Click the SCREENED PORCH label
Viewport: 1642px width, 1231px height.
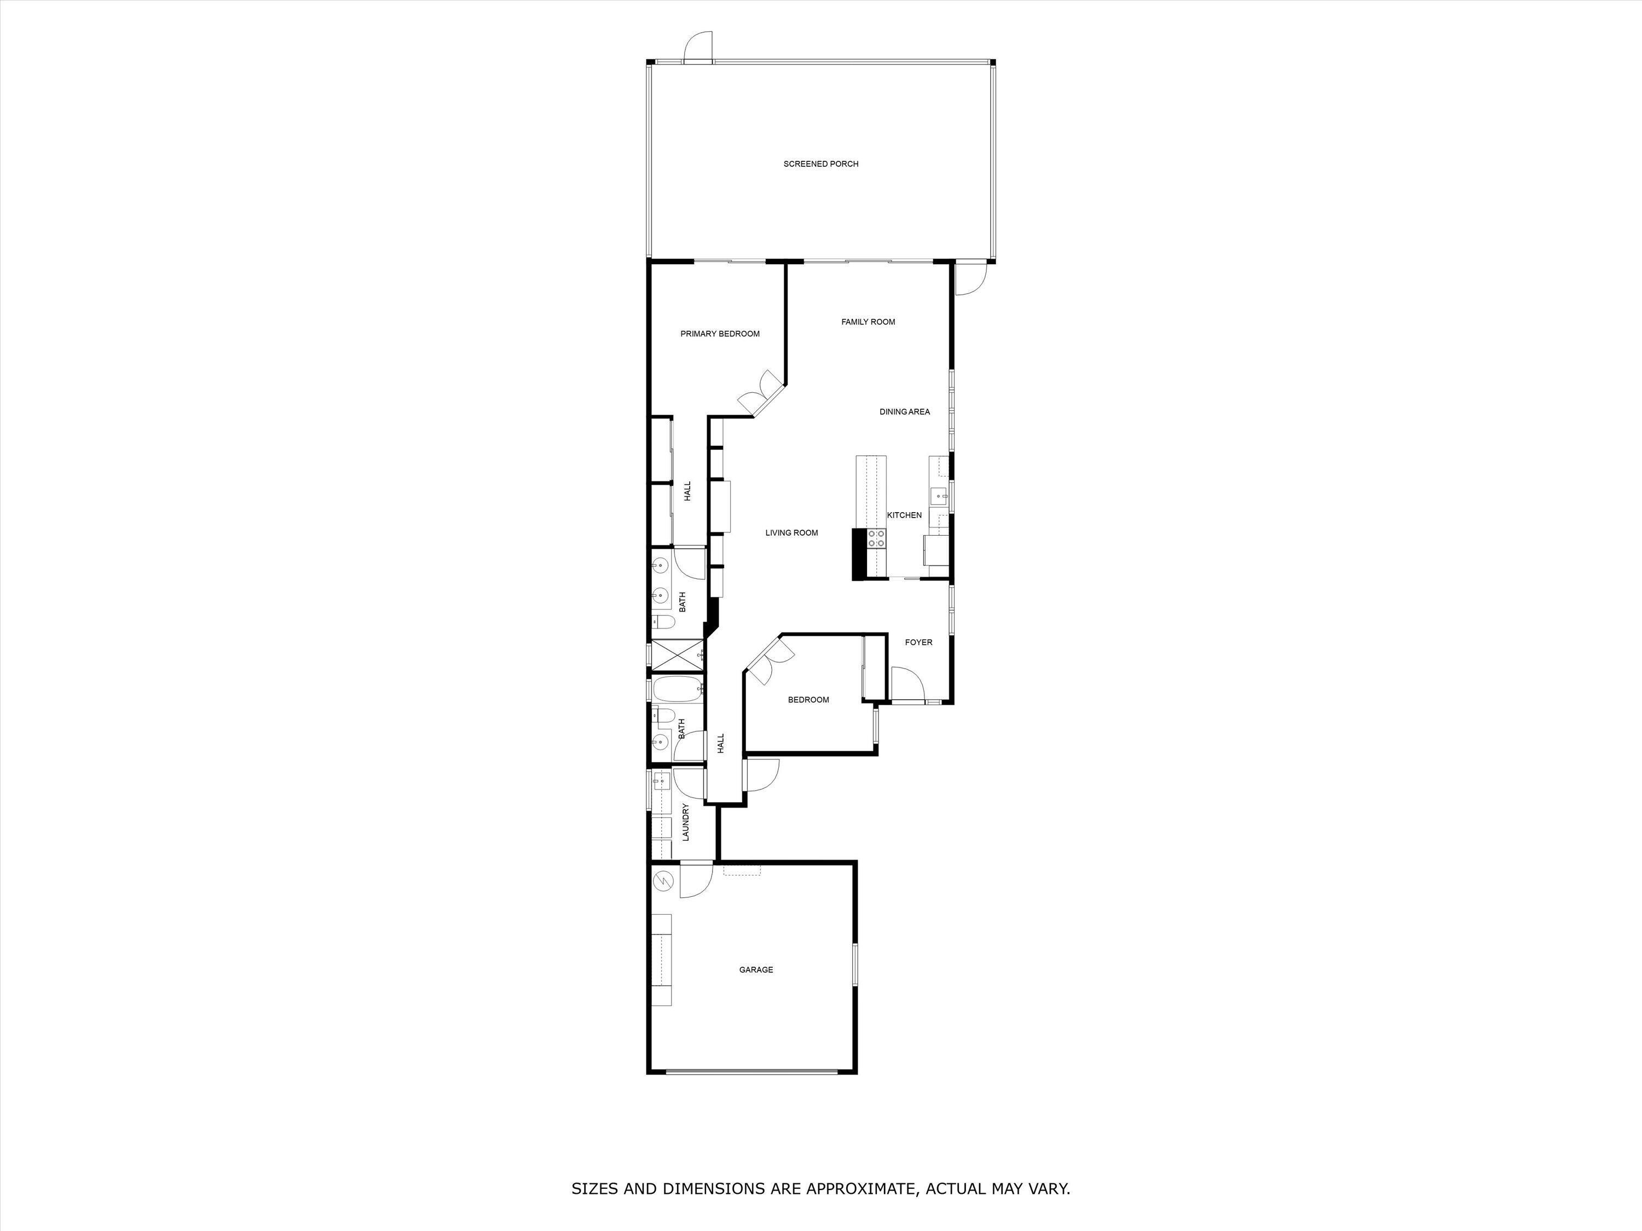coord(820,164)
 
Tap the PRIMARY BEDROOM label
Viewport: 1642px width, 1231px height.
coord(719,334)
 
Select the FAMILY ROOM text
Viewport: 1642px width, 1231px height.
coord(868,322)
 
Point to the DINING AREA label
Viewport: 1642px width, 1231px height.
coord(904,412)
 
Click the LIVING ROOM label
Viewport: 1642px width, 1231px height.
coord(791,533)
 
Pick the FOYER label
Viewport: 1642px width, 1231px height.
coord(918,643)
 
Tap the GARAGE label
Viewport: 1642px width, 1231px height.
coord(756,970)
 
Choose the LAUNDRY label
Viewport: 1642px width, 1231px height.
coord(686,822)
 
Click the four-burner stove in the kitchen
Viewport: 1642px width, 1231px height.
coord(877,538)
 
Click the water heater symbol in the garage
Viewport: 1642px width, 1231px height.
coord(663,881)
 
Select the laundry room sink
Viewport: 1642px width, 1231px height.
coord(661,781)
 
